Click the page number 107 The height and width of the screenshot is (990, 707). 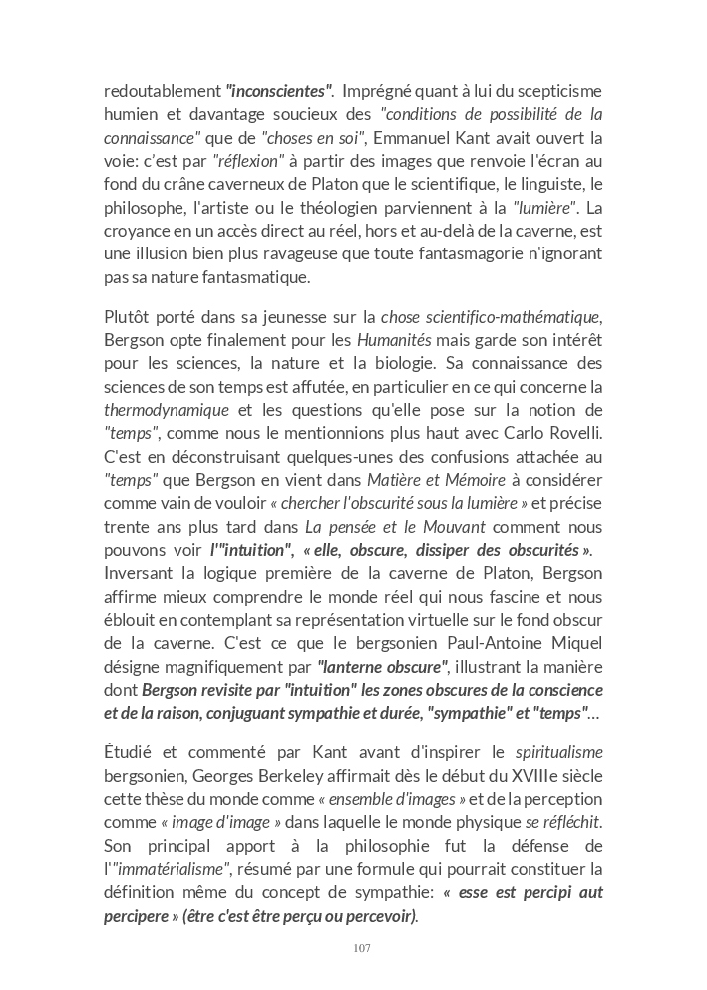pos(362,948)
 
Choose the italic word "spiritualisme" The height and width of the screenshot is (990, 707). pos(558,753)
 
